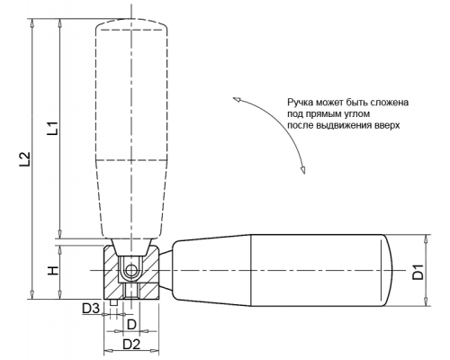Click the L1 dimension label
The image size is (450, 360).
tap(53, 128)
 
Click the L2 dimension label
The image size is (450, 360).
tap(25, 158)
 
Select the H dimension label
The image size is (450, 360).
tap(53, 271)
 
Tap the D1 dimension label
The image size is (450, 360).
tap(418, 272)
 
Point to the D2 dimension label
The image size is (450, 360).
tap(131, 345)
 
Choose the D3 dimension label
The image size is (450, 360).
tap(91, 309)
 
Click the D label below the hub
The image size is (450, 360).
tap(132, 324)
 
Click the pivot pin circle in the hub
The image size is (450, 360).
tap(130, 271)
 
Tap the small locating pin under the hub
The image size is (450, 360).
tap(113, 302)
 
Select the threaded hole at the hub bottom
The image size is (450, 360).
tap(130, 292)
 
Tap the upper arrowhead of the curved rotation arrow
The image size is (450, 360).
tap(237, 99)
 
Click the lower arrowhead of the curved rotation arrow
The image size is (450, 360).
tap(303, 169)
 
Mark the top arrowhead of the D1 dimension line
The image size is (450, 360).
tap(426, 238)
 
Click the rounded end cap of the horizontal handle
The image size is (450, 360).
tap(388, 270)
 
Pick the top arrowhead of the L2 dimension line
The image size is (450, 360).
tap(32, 23)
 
